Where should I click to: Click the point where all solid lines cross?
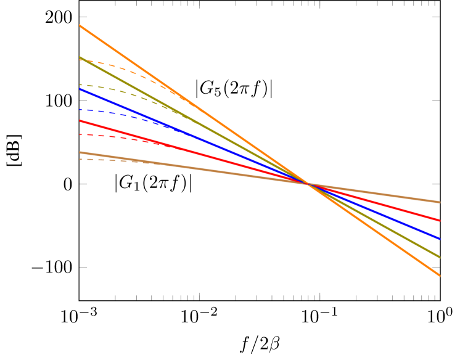(x=308, y=184)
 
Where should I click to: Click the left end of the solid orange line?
(x=80, y=25)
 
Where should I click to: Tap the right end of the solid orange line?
(x=440, y=275)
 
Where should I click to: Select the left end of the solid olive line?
(x=80, y=57)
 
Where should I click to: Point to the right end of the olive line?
(x=440, y=257)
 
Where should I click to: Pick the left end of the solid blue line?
(x=80, y=89)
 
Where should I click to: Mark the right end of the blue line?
(x=440, y=239)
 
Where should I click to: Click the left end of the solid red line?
(x=80, y=121)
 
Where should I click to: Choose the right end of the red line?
(x=440, y=220)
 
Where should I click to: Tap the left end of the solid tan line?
(x=80, y=152)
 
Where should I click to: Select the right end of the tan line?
(x=440, y=202)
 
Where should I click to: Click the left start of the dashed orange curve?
(x=80, y=60)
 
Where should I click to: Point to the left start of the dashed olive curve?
(x=80, y=84)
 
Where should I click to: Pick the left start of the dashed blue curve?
(x=80, y=110)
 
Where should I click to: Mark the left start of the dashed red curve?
(x=80, y=134)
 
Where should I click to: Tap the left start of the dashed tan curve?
(x=80, y=159)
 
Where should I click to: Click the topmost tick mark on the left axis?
(x=83, y=17)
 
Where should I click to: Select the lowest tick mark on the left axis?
(x=83, y=268)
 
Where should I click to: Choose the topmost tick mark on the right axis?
(x=436, y=17)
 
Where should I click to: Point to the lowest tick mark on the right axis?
(x=436, y=268)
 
